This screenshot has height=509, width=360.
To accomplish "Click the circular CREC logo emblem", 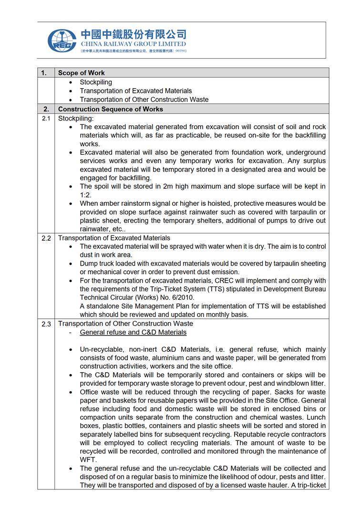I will click(62, 40).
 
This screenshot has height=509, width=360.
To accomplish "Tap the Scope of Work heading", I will click(81, 73).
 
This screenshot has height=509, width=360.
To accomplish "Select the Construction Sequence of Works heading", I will click(110, 109).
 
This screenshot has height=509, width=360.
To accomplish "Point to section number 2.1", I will click(46, 118).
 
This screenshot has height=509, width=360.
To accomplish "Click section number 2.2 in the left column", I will click(46, 238).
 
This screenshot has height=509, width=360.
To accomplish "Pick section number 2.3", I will click(46, 324).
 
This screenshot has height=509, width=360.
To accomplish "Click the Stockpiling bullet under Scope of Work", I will click(96, 82).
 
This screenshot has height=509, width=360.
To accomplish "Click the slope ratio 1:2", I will click(85, 195).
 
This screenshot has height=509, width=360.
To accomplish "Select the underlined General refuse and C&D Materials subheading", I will click(133, 332).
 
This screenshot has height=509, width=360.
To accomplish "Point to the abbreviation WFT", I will click(88, 460).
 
